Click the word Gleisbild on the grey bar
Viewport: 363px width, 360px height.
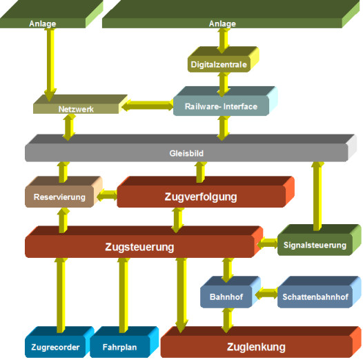point(186,153)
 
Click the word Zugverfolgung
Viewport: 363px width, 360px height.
point(201,197)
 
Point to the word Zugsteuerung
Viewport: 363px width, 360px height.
point(139,247)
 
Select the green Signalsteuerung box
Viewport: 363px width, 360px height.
point(319,240)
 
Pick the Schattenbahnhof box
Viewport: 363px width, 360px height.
point(319,292)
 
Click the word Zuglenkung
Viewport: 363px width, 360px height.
point(256,347)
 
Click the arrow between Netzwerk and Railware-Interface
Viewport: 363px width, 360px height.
point(148,106)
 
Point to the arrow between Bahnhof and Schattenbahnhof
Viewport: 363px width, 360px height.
point(266,293)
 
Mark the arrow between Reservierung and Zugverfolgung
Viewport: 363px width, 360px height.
point(107,195)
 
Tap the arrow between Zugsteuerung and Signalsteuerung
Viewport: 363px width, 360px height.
point(267,243)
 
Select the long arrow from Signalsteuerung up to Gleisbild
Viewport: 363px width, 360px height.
point(317,196)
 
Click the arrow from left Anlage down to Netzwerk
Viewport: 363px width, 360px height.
point(50,65)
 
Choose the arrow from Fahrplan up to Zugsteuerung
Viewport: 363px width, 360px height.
point(123,295)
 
